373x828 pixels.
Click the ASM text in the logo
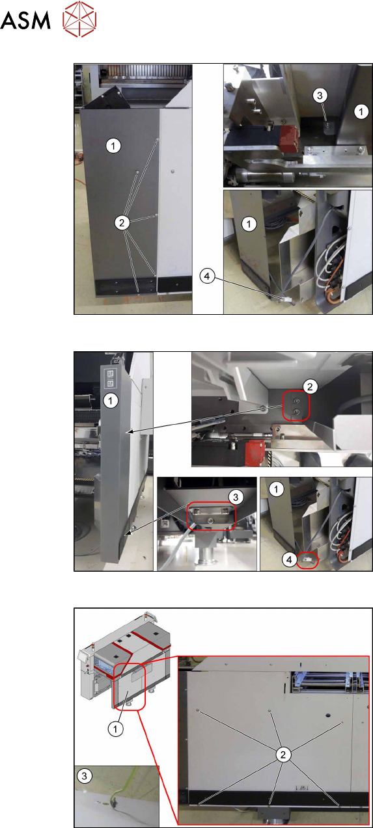pyautogui.click(x=25, y=20)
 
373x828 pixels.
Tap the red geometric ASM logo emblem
pyautogui.click(x=79, y=19)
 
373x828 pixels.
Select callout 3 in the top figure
pyautogui.click(x=320, y=96)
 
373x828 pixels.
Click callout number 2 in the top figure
pyautogui.click(x=122, y=222)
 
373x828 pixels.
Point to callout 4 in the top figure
pyautogui.click(x=207, y=276)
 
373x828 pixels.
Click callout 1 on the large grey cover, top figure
pyautogui.click(x=113, y=146)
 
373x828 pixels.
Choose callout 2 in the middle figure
pyautogui.click(x=310, y=386)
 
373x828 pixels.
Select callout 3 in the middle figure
pyautogui.click(x=236, y=497)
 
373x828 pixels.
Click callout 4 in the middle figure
pyautogui.click(x=289, y=559)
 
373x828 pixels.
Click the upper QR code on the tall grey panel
pyautogui.click(x=110, y=374)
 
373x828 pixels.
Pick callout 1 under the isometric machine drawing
pyautogui.click(x=115, y=729)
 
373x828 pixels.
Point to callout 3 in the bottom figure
pyautogui.click(x=85, y=775)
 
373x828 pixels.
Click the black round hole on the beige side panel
pyautogui.click(x=327, y=716)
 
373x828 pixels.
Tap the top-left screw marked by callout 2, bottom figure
pyautogui.click(x=198, y=710)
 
